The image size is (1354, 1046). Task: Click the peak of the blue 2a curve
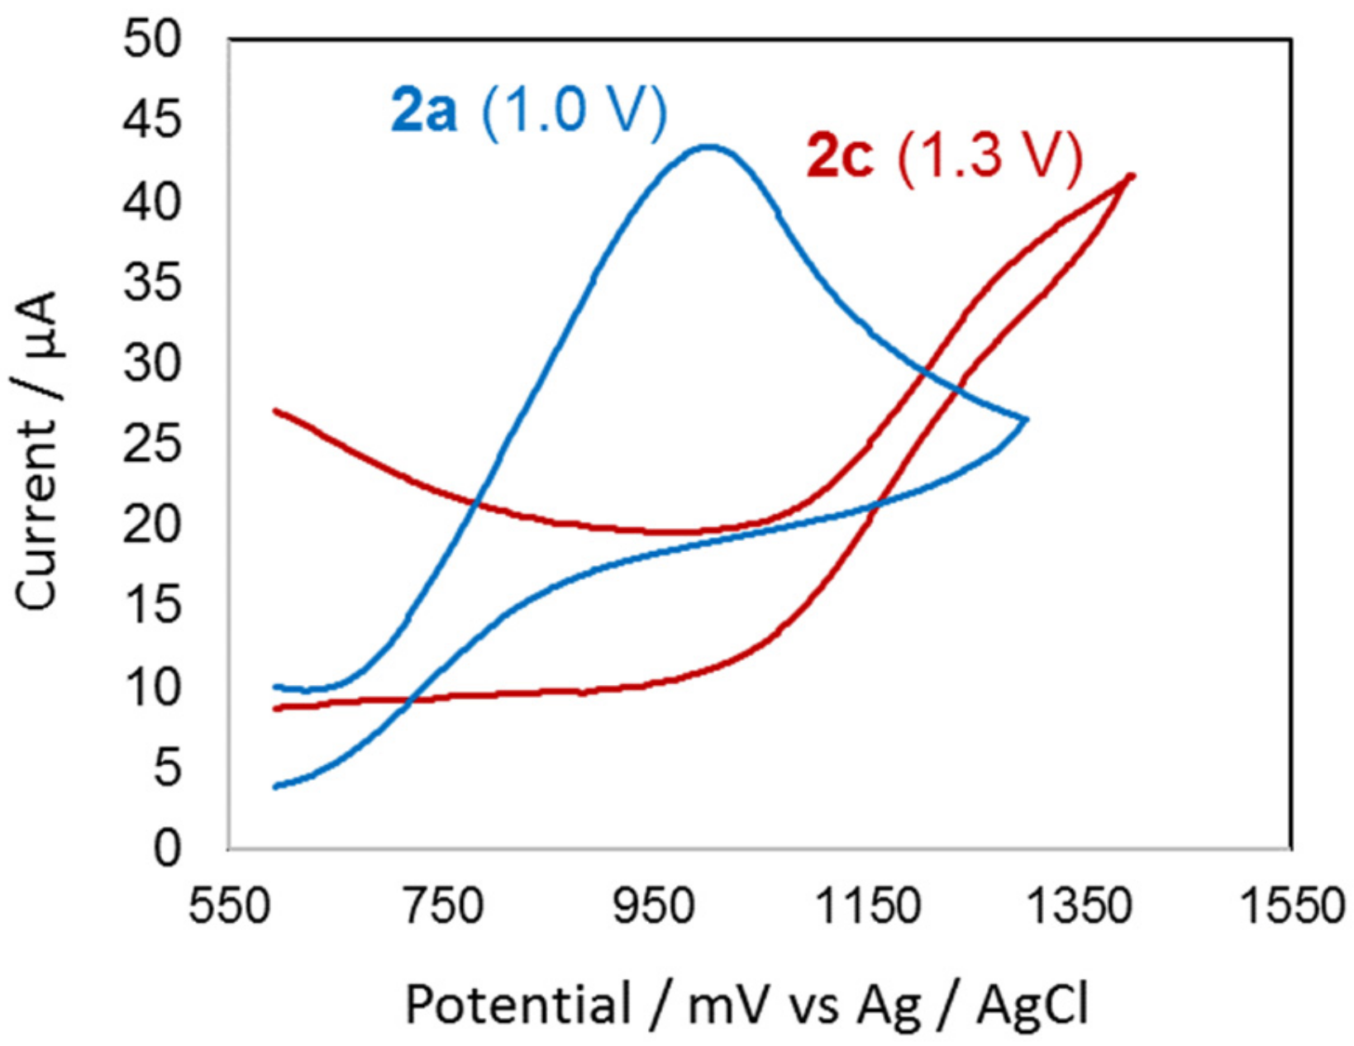click(x=708, y=147)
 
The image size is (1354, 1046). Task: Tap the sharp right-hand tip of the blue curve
click(x=1026, y=420)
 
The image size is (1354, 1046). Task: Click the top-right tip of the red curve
click(x=1131, y=175)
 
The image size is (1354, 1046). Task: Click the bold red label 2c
click(x=839, y=156)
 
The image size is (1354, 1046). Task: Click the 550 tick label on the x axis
click(x=231, y=907)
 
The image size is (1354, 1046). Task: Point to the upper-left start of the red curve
click(x=276, y=411)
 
